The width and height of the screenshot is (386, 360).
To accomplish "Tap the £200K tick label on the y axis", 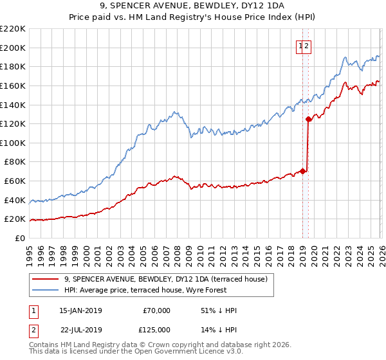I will tap(13, 48).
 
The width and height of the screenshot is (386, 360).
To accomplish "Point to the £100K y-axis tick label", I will tap(13, 143).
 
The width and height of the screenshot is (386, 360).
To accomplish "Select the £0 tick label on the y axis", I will tap(19, 238).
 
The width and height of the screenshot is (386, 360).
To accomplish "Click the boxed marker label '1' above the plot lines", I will tap(300, 46).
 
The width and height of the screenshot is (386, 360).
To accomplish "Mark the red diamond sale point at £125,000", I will tap(309, 119).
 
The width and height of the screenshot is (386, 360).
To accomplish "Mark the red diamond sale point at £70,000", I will tap(302, 171).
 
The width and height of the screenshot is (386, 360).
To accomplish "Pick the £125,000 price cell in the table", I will tap(156, 329).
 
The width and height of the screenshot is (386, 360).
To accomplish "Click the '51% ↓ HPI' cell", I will tap(219, 310).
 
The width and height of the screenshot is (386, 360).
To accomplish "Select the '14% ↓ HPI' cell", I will tap(219, 329).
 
